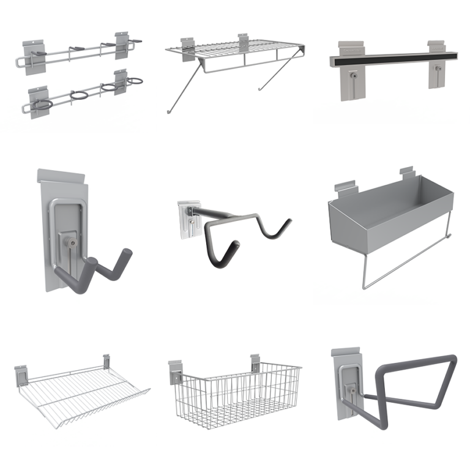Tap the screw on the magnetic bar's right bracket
click(x=438, y=72)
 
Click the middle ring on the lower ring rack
click(x=80, y=96)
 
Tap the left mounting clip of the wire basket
click(x=176, y=371)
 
